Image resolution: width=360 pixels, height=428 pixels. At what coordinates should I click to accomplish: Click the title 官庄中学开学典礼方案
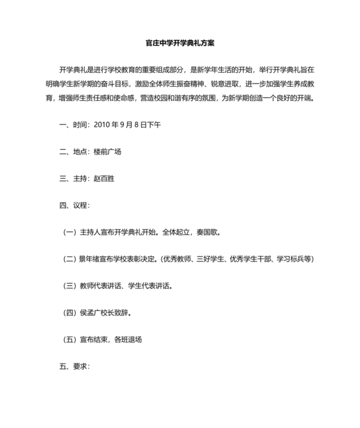180,44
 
